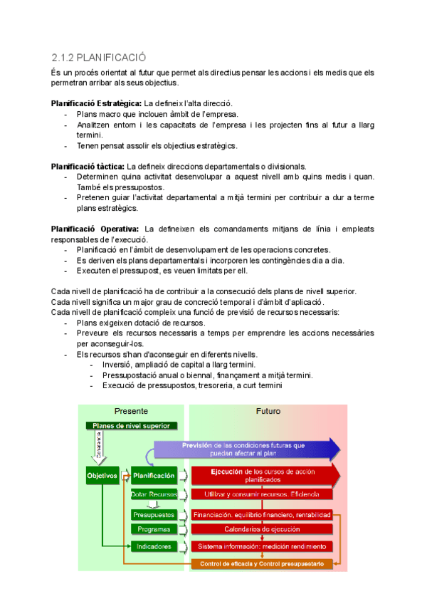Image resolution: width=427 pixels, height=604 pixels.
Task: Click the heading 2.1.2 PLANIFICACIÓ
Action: pos(109,57)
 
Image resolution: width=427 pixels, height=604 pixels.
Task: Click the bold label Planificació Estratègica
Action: pos(97,104)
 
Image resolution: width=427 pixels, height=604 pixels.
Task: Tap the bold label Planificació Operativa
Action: pos(95,229)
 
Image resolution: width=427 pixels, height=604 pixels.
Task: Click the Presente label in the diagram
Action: pos(132,412)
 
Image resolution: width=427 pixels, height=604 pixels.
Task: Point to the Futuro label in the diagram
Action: pos(268,412)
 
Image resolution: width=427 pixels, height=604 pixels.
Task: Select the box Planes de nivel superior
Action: pos(132,426)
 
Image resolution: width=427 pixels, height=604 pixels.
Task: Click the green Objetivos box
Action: pos(102,475)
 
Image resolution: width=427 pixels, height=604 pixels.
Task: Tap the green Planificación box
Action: pos(154,475)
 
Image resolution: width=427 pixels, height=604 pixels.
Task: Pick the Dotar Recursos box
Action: pos(154,494)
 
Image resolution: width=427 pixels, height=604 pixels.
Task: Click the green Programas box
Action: pos(154,530)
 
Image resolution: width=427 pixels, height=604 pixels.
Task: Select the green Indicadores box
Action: pos(154,546)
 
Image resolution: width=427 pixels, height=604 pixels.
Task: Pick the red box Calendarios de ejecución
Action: pos(262,530)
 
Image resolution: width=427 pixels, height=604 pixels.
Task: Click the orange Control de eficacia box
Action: pos(262,564)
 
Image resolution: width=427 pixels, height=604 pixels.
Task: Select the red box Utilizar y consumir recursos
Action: pos(262,494)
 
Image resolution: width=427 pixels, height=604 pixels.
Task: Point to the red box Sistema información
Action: pos(262,546)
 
